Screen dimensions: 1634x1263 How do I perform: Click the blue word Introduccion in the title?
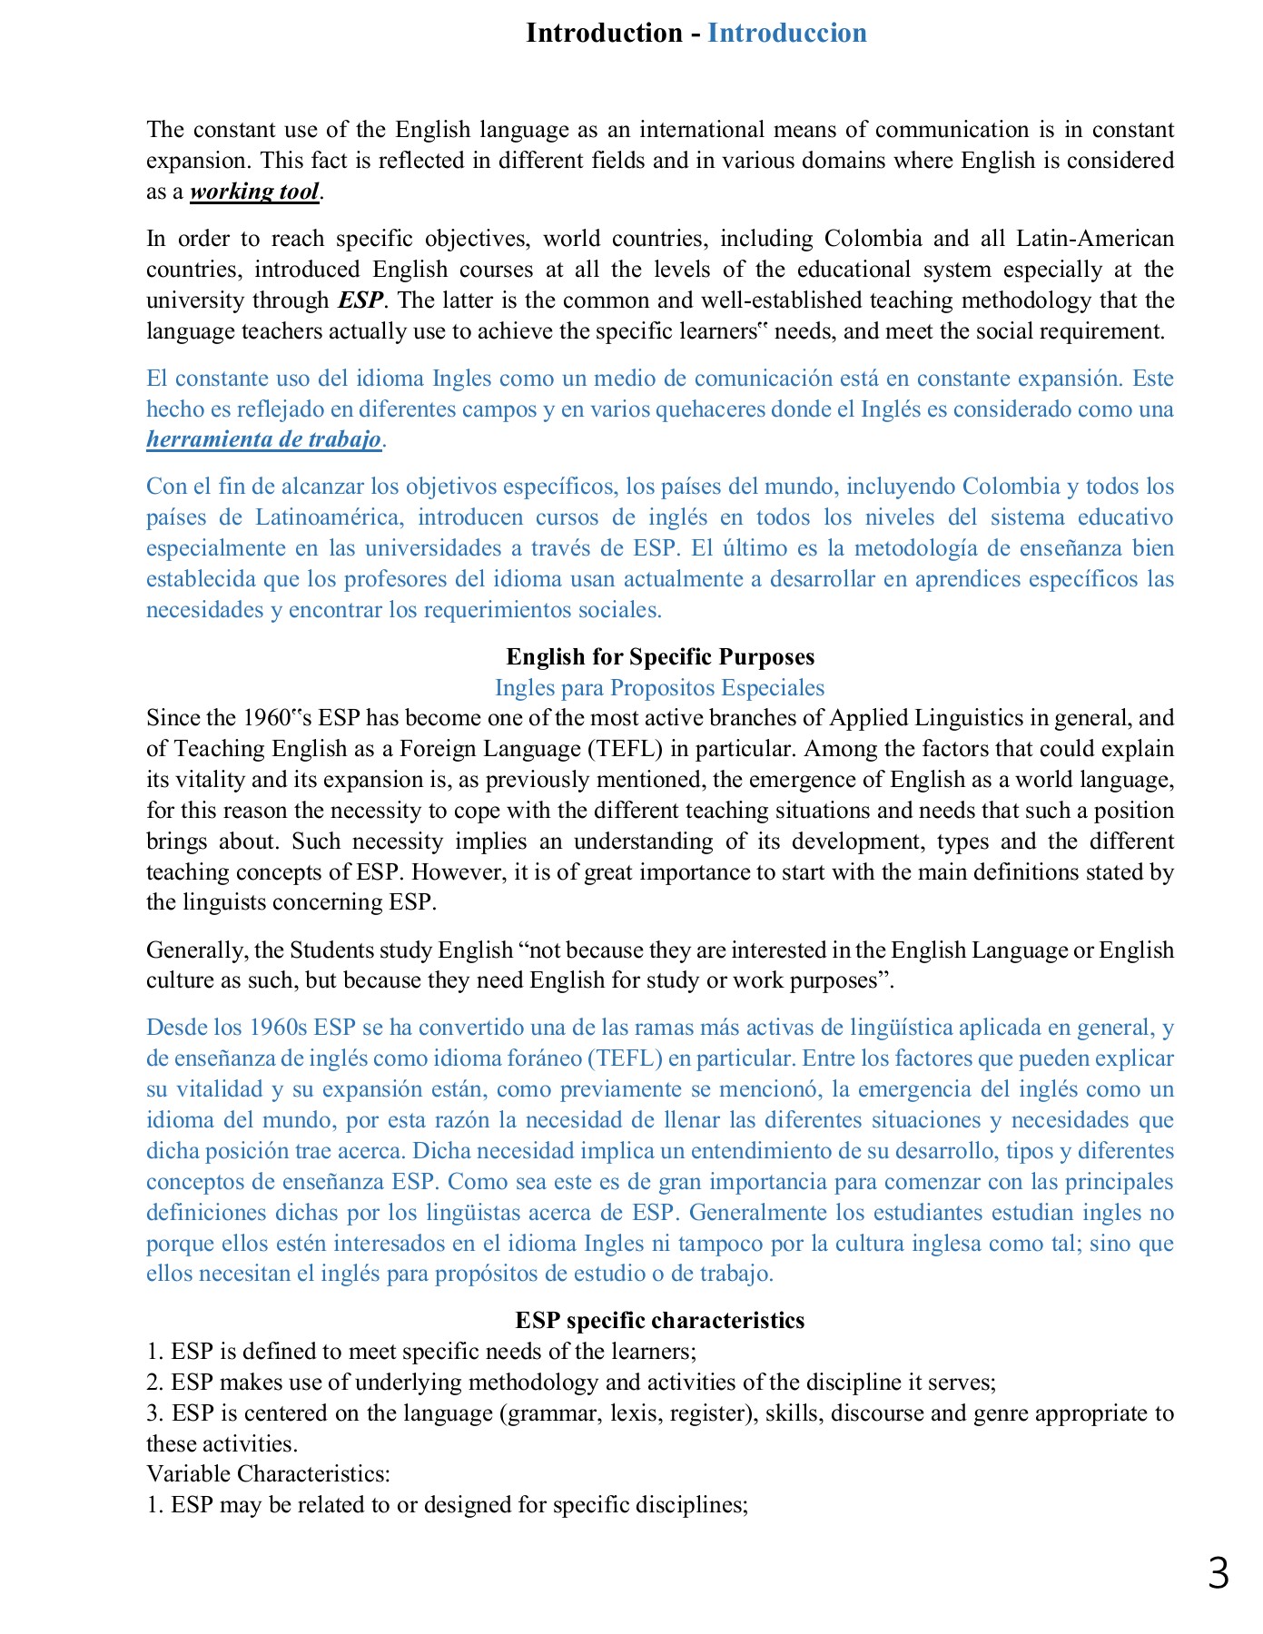point(786,33)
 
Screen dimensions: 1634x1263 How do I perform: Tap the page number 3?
point(1218,1573)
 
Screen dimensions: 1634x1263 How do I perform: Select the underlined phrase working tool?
point(254,192)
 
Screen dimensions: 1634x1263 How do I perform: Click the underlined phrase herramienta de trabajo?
point(263,439)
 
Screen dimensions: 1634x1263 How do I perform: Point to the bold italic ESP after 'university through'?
point(360,300)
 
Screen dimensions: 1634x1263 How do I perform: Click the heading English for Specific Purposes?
point(660,657)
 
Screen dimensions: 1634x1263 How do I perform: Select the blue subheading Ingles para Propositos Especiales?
point(659,688)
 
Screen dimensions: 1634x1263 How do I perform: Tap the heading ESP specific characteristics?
point(659,1321)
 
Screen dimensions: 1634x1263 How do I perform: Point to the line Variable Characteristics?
point(268,1473)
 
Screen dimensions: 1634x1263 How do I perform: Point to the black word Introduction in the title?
point(604,33)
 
